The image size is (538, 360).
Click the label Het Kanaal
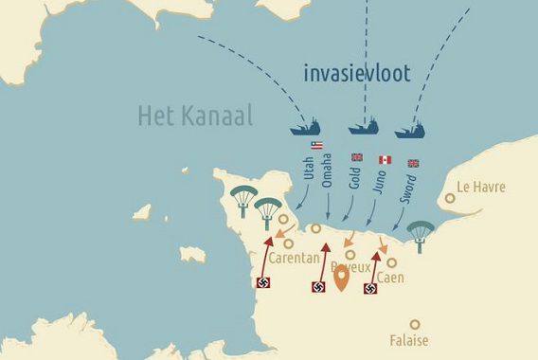[x=196, y=117]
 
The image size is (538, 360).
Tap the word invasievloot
[x=357, y=74]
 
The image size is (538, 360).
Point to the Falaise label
[x=409, y=340]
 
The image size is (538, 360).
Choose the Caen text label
[x=390, y=278]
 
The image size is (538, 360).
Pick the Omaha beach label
[x=328, y=171]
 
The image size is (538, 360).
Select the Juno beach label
[x=382, y=178]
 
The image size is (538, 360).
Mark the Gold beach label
[x=355, y=175]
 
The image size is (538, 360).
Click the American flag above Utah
[x=316, y=145]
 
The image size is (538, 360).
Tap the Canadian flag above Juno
[x=385, y=159]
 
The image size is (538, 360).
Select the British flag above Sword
[x=413, y=163]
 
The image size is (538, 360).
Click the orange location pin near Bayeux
[x=341, y=277]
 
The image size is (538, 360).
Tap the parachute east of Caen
[x=419, y=233]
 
